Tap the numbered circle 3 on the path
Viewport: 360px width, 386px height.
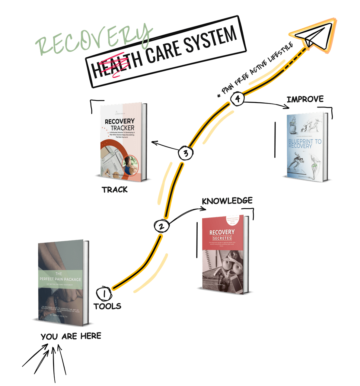[186, 153]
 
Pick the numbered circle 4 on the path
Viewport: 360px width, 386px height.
[237, 99]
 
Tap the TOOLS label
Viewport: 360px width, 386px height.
[107, 306]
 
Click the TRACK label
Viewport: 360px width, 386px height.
[115, 190]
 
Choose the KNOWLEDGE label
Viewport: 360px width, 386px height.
[227, 201]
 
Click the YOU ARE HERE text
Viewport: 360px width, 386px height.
[71, 336]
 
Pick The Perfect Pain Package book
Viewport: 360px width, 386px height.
[62, 281]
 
